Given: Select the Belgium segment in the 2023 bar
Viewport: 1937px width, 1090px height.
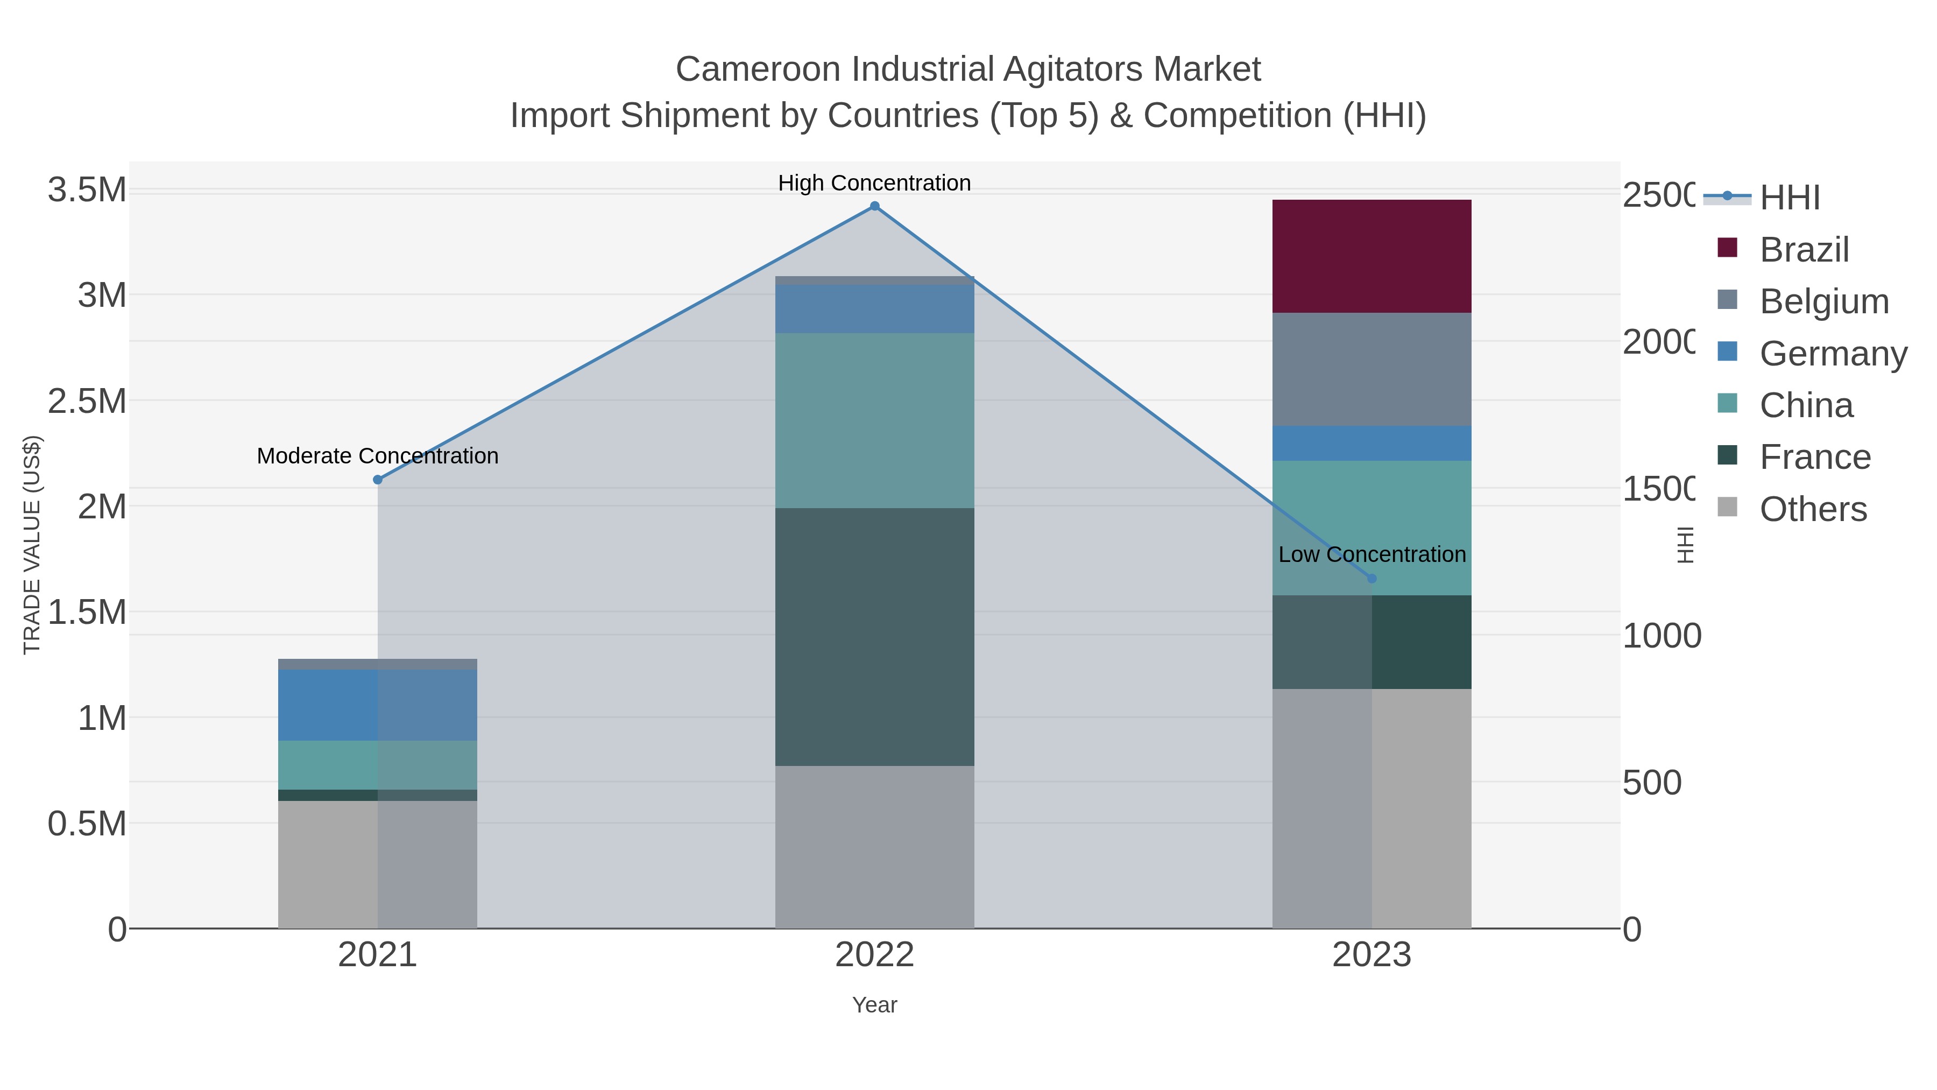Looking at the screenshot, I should [1371, 369].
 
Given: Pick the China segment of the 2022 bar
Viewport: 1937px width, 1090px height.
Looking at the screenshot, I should [874, 420].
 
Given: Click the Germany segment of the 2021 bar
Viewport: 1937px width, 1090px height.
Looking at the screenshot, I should [378, 705].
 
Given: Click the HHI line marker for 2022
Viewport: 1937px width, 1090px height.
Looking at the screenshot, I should [874, 206].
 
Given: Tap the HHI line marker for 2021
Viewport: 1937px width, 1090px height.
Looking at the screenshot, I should [378, 480].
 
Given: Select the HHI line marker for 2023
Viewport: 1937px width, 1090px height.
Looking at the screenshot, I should [1372, 579].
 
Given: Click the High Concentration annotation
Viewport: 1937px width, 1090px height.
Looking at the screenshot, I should [874, 183].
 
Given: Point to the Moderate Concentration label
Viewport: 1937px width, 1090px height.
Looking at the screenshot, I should [378, 456].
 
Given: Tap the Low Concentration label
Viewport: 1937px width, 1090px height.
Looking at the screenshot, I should [1372, 554].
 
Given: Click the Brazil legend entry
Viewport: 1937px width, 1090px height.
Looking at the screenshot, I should [1803, 249].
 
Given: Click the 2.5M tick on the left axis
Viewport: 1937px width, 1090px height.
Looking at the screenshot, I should [87, 401].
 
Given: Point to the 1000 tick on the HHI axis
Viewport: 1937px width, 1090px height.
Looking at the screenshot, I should [1661, 636].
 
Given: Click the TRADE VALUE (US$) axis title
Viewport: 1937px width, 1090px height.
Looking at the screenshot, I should [32, 545].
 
